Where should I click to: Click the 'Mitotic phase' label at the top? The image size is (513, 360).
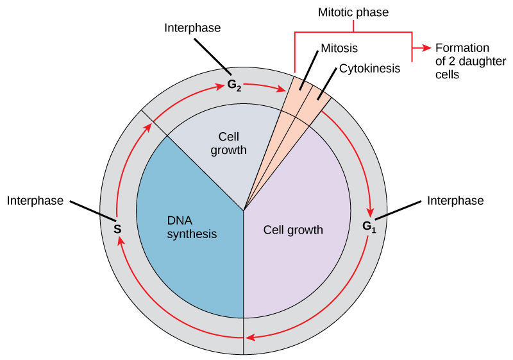[x=353, y=12]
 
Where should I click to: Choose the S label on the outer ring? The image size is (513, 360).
[x=117, y=228]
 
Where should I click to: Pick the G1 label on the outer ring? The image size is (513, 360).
[x=369, y=226]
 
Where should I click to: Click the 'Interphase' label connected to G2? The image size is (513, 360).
[x=192, y=28]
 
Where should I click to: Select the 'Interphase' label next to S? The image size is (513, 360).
[x=35, y=201]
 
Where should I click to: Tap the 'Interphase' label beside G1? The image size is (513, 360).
[x=455, y=201]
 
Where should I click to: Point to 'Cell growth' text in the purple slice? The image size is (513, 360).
[x=293, y=230]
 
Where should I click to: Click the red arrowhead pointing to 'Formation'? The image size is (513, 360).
[x=425, y=48]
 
